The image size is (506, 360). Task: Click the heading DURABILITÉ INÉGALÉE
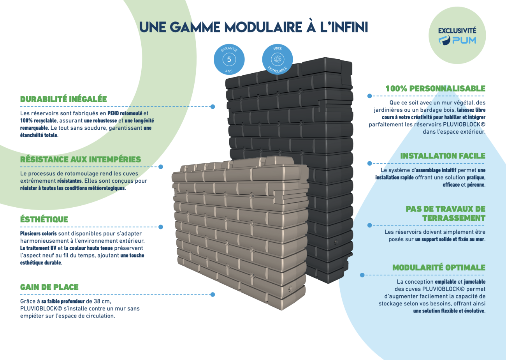tap(63, 99)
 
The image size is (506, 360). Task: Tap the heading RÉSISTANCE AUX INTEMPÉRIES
tap(80, 159)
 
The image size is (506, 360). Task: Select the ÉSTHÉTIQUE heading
tap(44, 219)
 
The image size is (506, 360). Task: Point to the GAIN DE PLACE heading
tap(49, 287)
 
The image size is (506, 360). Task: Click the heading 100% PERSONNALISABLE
tap(435, 88)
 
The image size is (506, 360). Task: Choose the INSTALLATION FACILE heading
tap(443, 156)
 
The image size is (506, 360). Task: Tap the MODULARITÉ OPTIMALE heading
tap(439, 268)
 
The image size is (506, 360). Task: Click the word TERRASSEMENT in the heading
tap(453, 218)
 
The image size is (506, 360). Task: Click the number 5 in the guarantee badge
tap(229, 60)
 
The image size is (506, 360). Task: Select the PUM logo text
tap(463, 40)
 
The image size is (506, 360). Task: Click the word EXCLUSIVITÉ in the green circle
tap(457, 30)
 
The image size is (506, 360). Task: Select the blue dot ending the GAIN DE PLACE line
tap(213, 294)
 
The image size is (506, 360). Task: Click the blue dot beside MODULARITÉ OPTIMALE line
tap(362, 275)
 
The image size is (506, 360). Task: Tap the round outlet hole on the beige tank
tap(289, 289)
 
